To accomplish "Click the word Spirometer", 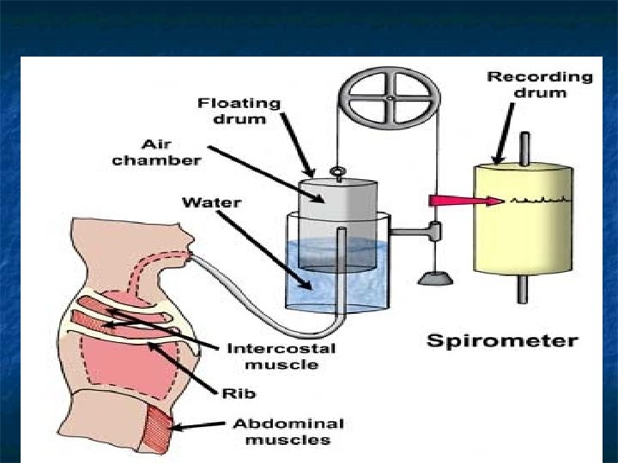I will coord(502,340).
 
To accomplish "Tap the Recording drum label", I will coord(540,85).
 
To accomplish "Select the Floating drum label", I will coord(239,111).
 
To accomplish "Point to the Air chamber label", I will coord(156,153).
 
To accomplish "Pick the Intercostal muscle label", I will coord(281,357).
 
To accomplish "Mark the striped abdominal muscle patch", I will coord(159,429).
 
